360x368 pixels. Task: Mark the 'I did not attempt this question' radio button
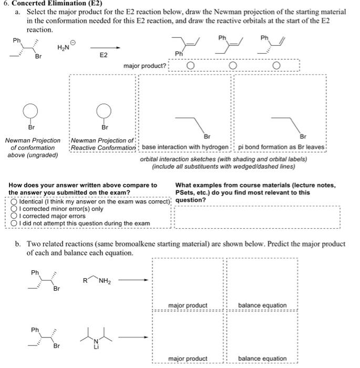coord(14,223)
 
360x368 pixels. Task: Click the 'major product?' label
coord(145,66)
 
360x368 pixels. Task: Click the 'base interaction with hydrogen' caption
coord(186,147)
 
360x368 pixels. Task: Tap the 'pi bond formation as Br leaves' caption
coord(281,147)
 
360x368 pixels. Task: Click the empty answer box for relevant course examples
coord(258,217)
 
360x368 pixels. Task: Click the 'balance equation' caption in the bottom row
coord(262,359)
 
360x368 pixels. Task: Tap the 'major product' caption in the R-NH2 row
coord(188,305)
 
